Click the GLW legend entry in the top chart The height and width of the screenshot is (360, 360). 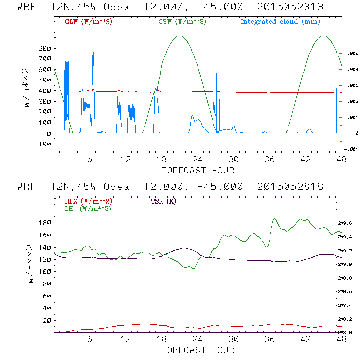(88, 21)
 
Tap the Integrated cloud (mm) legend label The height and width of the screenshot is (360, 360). (279, 21)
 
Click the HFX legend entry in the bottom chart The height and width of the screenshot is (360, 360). (88, 201)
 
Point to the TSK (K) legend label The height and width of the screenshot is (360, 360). (163, 201)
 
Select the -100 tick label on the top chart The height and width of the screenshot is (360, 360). (42, 144)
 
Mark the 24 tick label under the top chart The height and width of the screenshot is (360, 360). (198, 159)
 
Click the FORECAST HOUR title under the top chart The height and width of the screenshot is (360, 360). (198, 170)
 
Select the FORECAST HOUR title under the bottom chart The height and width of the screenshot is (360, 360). (198, 350)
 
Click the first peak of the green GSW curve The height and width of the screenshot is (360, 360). (180, 36)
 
